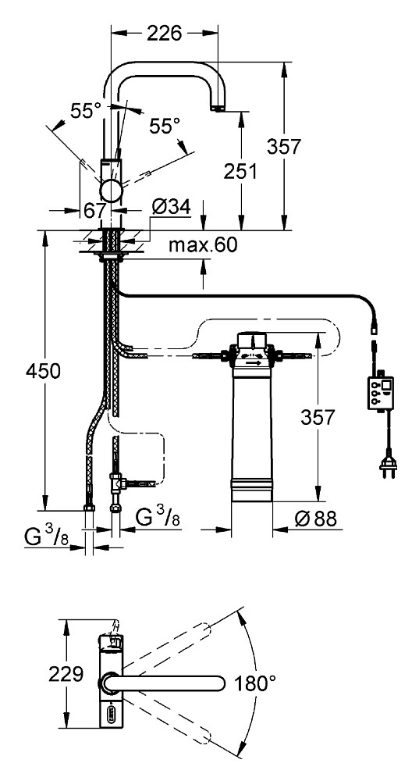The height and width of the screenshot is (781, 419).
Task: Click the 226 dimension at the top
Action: (164, 33)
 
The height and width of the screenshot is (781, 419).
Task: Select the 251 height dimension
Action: (240, 171)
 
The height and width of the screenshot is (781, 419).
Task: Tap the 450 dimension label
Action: (43, 370)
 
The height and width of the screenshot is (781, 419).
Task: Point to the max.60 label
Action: (202, 244)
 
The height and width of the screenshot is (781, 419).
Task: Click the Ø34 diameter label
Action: (171, 207)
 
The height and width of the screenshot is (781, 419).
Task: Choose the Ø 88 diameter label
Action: (315, 519)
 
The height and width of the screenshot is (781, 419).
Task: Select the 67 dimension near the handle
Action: (94, 209)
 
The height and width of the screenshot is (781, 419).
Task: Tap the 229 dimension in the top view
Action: (66, 674)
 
